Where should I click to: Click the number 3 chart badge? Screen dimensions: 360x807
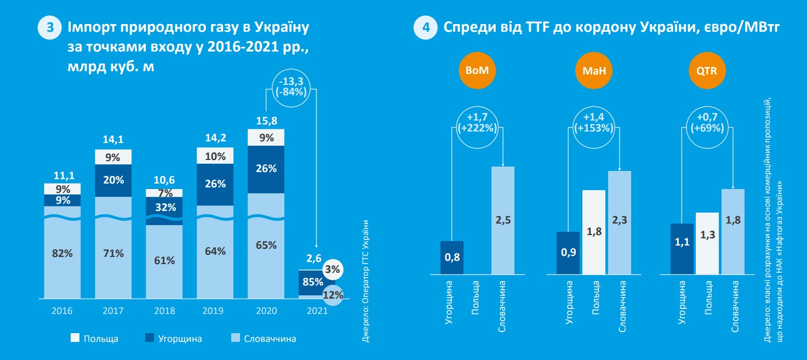click(49, 28)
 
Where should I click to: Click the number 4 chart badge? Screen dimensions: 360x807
click(425, 28)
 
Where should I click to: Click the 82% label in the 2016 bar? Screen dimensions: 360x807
click(62, 253)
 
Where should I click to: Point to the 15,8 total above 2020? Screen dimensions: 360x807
click(266, 120)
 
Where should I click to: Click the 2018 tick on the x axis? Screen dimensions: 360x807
click(164, 311)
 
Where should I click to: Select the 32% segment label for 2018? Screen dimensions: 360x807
click(164, 208)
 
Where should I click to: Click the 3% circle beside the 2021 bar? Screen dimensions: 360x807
click(333, 270)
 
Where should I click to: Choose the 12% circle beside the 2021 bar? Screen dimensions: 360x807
click(333, 295)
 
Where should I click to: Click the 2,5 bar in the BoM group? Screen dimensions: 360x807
click(503, 220)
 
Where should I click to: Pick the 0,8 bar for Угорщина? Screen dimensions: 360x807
click(452, 257)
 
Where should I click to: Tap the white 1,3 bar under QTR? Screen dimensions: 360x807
click(707, 243)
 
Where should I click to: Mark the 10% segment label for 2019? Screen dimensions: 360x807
click(215, 156)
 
